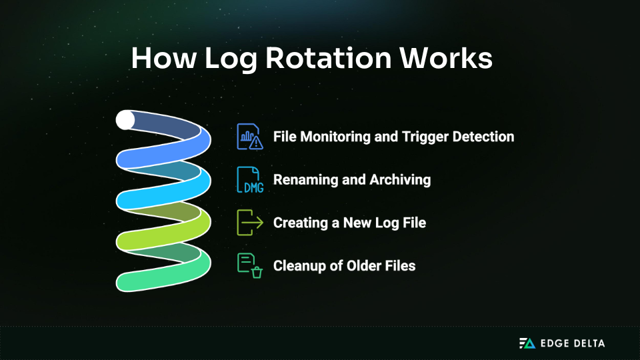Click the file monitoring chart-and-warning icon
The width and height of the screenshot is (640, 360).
[x=250, y=137]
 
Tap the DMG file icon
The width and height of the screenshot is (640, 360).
[x=250, y=180]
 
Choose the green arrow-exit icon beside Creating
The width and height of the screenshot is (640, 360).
[x=250, y=223]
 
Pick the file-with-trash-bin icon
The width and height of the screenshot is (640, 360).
[x=250, y=265]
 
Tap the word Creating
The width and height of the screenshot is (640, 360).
[x=299, y=223]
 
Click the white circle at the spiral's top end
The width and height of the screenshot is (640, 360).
[x=125, y=120]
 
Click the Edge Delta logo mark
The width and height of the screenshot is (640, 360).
[x=527, y=343]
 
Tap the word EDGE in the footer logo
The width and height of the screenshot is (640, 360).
[x=554, y=343]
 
